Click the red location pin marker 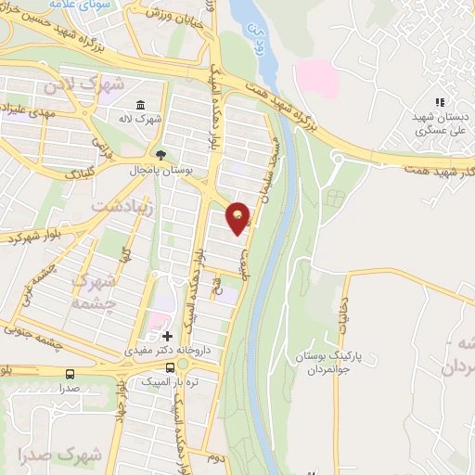point(238,217)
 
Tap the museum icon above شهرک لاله point(139,104)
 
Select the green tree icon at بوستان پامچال point(161,155)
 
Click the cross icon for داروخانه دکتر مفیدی point(167,336)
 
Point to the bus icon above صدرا point(71,374)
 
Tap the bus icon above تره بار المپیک point(167,366)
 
